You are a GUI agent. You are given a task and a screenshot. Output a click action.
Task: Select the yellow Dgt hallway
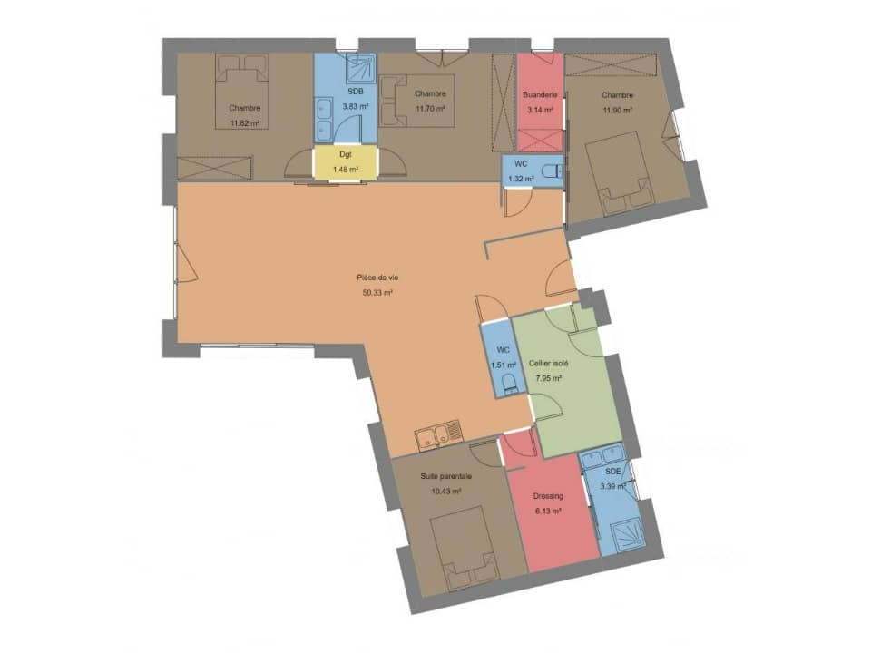[x=345, y=163]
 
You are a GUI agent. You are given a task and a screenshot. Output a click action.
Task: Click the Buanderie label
[x=539, y=94]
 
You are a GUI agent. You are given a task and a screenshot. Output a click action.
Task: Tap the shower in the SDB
[x=360, y=67]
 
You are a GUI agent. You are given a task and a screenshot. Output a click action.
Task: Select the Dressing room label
[x=548, y=496]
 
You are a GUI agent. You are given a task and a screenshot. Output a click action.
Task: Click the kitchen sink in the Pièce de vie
[x=438, y=436]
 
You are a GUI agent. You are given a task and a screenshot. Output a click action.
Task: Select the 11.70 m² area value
[x=430, y=109]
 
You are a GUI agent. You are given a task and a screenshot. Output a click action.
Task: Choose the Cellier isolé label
[x=550, y=363]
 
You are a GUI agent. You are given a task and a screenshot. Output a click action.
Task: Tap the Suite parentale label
[x=446, y=476]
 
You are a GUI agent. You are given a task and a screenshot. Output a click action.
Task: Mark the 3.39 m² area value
[x=615, y=486]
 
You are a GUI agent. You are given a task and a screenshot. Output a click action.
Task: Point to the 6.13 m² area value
[x=548, y=511]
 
